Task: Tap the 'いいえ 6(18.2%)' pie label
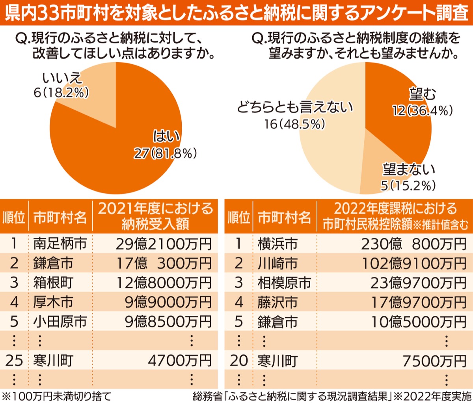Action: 61,85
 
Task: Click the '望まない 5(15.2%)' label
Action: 408,177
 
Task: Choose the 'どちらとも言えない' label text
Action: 295,107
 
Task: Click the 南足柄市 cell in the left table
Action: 60,244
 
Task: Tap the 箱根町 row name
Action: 53,283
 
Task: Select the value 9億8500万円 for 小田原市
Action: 168,322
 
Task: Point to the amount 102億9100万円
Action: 414,263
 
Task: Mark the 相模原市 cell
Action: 284,283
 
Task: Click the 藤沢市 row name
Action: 277,302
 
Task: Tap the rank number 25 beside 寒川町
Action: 14,360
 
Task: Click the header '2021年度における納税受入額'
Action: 155,216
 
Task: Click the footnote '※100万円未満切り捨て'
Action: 57,396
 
